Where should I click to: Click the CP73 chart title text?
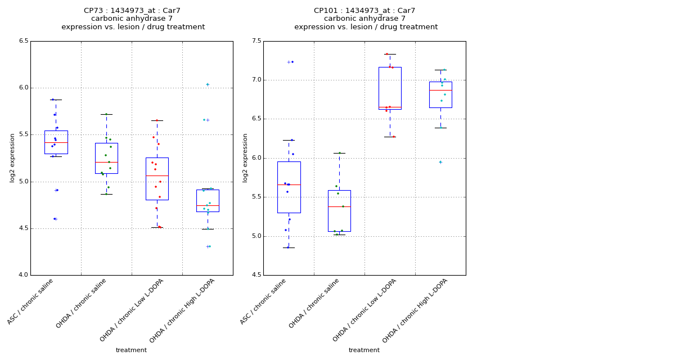pyautogui.click(x=133, y=19)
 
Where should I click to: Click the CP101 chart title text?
pyautogui.click(x=366, y=19)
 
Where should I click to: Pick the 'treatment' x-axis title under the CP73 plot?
pyautogui.click(x=131, y=350)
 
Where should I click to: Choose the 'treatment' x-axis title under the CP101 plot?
pyautogui.click(x=364, y=350)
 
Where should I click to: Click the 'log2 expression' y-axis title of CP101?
pyautogui.click(x=245, y=158)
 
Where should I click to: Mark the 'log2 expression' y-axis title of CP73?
pyautogui.click(x=12, y=158)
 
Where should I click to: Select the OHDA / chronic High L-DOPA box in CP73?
pyautogui.click(x=208, y=200)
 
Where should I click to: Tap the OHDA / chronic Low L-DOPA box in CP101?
pyautogui.click(x=390, y=88)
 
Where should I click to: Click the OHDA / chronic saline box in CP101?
pyautogui.click(x=339, y=210)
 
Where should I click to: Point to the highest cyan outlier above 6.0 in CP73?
pyautogui.click(x=208, y=84)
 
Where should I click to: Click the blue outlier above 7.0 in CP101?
pyautogui.click(x=291, y=62)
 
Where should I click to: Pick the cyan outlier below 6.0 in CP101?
pyautogui.click(x=440, y=162)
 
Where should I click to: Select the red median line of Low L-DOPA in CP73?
pyautogui.click(x=157, y=175)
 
